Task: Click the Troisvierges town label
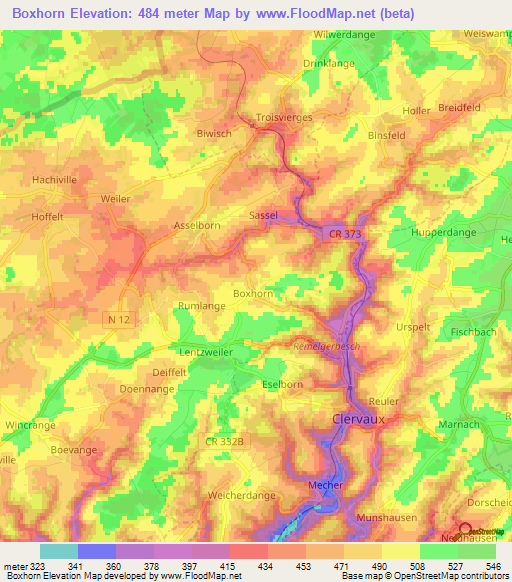[285, 117]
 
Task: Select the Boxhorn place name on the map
[253, 293]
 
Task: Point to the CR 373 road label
[343, 233]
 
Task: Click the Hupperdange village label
[444, 232]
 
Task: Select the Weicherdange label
[241, 495]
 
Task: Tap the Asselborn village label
[197, 226]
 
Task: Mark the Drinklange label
[329, 63]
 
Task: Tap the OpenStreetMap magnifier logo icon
[465, 529]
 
